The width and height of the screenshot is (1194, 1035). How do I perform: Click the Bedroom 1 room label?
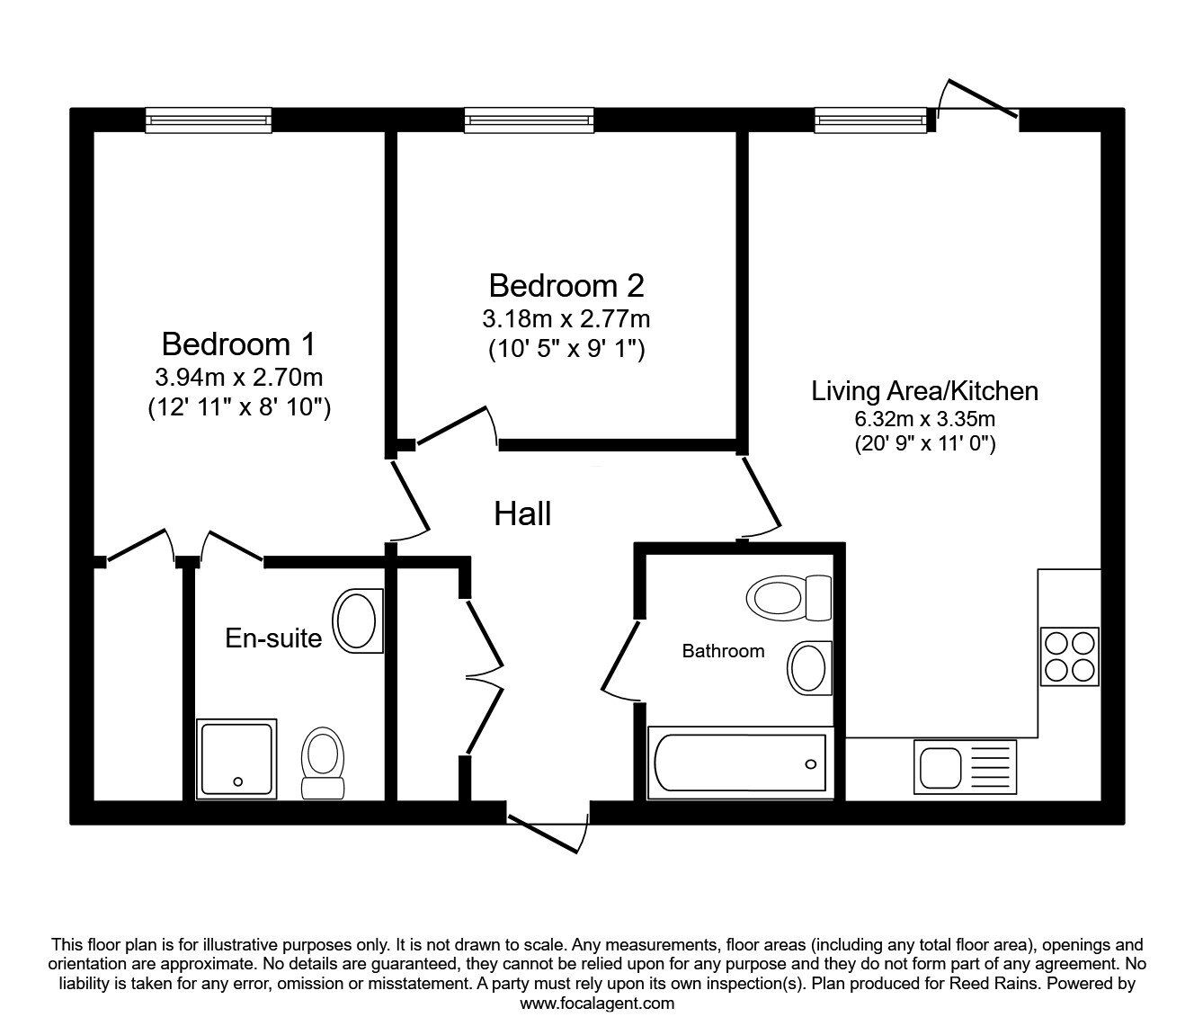point(238,344)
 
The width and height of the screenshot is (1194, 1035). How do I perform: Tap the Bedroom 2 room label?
point(566,286)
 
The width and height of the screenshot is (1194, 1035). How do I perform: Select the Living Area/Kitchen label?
point(924,391)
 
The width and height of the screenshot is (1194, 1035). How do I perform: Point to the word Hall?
point(522,514)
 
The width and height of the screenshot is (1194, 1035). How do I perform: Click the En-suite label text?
point(273,638)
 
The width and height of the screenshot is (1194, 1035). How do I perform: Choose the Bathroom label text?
point(723,651)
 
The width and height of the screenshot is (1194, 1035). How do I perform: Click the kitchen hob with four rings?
point(1070,656)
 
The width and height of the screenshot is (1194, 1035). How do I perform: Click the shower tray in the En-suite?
point(237,758)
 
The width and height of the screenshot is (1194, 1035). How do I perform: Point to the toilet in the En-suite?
point(322,763)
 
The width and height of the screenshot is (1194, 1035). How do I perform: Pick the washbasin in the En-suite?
point(357,620)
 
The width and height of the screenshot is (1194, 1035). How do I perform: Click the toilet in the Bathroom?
point(789,596)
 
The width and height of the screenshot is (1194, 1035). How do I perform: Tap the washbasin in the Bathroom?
point(809,668)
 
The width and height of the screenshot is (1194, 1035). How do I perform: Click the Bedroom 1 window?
point(209,120)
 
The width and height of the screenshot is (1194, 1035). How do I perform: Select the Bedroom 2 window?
point(529,120)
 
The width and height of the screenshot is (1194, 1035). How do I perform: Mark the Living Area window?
point(869,120)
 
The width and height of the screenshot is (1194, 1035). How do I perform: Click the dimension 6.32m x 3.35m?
point(924,418)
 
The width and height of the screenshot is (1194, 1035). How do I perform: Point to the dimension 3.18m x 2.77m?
point(566,318)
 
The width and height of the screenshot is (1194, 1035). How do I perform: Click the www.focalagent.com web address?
point(597,1004)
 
